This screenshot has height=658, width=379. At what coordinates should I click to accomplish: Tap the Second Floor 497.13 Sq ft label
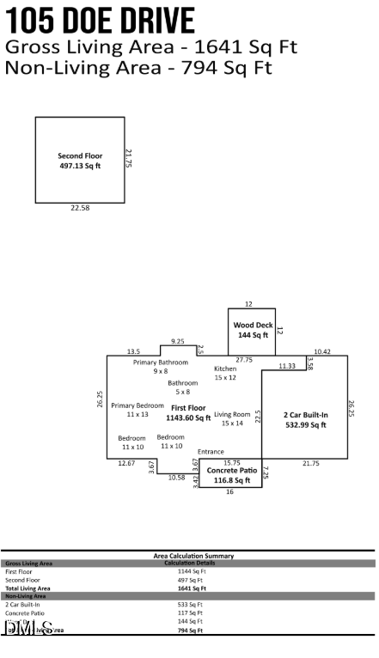point(80,161)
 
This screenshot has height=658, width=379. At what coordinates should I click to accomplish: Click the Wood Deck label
point(253,331)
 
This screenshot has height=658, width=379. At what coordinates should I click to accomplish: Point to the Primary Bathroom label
point(161,367)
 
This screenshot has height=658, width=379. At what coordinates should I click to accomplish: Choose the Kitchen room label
point(225,373)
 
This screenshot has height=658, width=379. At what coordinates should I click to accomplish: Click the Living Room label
point(232,418)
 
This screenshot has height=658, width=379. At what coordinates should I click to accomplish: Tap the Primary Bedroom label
point(138,410)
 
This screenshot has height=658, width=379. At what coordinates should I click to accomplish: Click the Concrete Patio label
point(232,476)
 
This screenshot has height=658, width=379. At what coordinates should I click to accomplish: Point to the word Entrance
point(211,452)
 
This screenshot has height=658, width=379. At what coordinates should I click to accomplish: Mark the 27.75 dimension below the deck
point(244,360)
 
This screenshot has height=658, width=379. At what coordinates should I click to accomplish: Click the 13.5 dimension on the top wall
point(133,351)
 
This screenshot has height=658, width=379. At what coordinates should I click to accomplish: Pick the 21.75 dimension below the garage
point(310,464)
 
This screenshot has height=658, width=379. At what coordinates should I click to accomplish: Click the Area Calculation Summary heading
point(188,557)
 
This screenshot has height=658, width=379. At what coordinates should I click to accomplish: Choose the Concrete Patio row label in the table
point(24,612)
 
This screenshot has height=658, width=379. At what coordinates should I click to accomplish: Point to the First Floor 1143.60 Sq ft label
point(188,413)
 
